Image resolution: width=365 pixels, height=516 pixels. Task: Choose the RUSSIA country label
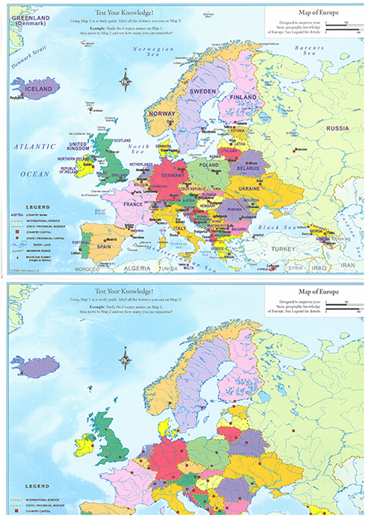[337, 128]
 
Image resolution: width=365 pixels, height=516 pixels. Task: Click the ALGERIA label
[138, 269]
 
